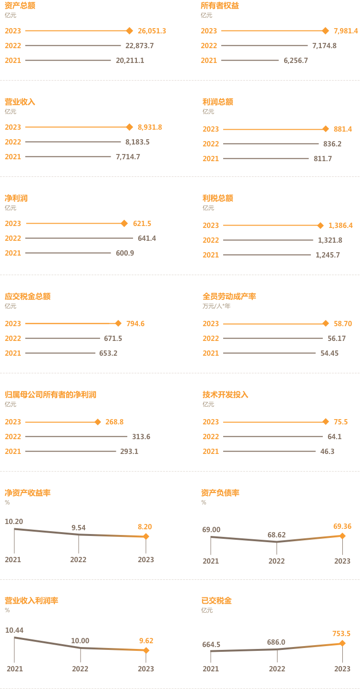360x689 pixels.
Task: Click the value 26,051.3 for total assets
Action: [152, 31]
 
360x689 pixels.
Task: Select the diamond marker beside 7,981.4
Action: [326, 31]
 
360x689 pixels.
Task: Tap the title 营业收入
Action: [20, 102]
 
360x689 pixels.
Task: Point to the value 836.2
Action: [332, 144]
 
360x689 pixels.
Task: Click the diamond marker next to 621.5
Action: [124, 224]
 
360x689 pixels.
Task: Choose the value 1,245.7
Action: [328, 255]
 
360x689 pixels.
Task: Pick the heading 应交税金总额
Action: [28, 296]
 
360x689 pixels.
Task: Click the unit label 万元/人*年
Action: [216, 306]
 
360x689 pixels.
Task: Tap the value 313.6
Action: [142, 437]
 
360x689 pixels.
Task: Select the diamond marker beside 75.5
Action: [326, 422]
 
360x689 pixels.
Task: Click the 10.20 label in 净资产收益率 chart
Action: [14, 522]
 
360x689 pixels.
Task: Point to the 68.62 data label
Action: [277, 535]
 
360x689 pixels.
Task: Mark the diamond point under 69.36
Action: [342, 536]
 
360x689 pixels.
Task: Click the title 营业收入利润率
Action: [31, 600]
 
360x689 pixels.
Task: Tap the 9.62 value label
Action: [146, 641]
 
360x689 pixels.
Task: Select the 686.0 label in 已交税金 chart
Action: [277, 642]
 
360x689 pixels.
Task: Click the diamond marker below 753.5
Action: [342, 643]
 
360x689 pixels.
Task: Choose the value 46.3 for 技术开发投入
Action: [327, 452]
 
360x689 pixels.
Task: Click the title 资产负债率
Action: [220, 493]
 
